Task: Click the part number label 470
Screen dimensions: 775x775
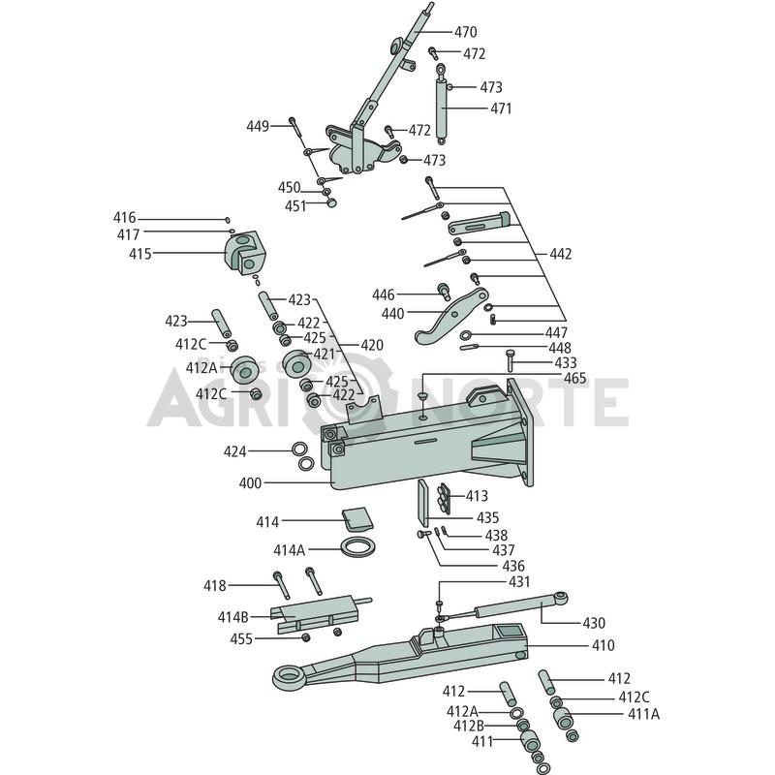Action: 466,32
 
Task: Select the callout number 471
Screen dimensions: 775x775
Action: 501,108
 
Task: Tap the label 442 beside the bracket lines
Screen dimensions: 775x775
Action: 561,254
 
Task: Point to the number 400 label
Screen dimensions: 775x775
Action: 250,482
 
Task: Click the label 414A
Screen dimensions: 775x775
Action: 290,549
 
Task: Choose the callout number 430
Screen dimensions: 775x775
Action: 594,623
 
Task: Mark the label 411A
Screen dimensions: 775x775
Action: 643,714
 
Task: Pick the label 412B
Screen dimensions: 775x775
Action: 469,726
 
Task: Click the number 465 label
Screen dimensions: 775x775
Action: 575,379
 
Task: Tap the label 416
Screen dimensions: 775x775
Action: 125,218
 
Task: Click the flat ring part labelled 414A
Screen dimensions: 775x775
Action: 358,547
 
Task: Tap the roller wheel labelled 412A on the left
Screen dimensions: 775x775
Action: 245,370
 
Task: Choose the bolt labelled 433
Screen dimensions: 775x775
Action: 511,360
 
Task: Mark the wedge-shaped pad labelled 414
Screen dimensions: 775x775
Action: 357,519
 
